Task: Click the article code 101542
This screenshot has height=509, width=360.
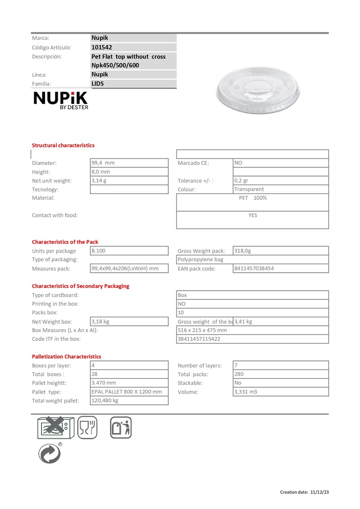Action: coord(102,47)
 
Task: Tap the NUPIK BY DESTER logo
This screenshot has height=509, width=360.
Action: coord(61,100)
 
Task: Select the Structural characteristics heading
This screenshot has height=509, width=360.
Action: coord(63,145)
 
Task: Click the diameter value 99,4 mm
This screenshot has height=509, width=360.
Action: coord(103,163)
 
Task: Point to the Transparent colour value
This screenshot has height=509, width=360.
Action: coord(249,189)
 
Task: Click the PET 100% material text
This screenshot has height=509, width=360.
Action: coord(253,198)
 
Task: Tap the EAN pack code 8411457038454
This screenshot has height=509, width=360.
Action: coord(254,268)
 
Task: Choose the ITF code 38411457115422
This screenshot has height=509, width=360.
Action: coord(199,339)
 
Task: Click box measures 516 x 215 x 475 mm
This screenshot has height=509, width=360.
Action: coord(202,330)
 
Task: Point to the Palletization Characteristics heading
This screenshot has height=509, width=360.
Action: coord(67,357)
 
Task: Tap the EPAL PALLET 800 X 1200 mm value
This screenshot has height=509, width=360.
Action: coord(126,392)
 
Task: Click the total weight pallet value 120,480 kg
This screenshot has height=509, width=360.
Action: coord(105,401)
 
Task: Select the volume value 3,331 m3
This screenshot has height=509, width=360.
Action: coord(246,392)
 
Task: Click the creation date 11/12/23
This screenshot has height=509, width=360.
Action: coord(319,492)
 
